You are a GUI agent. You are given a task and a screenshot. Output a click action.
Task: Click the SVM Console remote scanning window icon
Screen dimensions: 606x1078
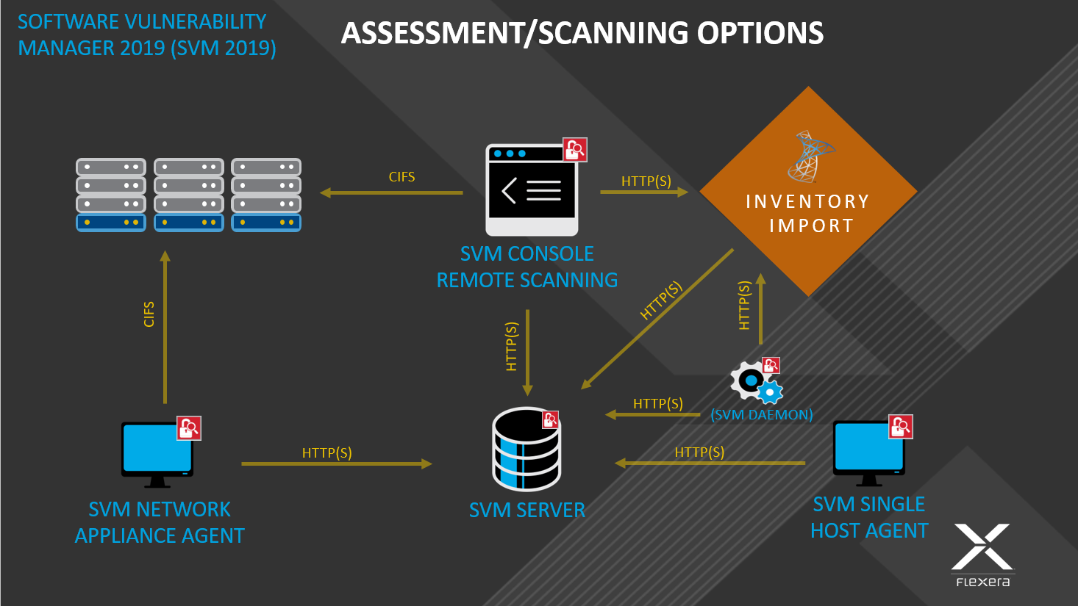(531, 190)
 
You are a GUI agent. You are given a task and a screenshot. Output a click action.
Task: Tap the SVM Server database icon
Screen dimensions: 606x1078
(526, 450)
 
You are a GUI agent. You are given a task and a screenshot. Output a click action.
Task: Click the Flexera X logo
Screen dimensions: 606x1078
(982, 548)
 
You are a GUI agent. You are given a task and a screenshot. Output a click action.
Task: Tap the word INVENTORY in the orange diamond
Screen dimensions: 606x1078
(807, 201)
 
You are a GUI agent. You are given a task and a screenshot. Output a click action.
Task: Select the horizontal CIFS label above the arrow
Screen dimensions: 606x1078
(401, 177)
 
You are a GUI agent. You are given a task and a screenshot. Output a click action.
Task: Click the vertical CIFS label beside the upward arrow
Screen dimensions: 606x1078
(149, 314)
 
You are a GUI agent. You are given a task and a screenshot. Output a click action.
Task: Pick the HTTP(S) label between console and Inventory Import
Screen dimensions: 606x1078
(646, 181)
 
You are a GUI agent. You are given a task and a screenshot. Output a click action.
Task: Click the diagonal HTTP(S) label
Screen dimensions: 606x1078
(661, 300)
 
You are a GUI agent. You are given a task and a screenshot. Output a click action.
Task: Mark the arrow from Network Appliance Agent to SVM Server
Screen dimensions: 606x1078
(336, 463)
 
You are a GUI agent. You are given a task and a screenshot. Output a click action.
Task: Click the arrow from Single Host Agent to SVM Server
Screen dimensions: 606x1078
(710, 463)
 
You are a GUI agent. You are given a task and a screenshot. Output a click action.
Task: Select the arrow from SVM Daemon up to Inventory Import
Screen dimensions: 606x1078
(761, 309)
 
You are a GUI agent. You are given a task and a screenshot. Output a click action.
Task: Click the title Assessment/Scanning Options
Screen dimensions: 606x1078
(582, 33)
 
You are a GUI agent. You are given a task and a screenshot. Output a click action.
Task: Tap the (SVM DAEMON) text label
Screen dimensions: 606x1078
(761, 415)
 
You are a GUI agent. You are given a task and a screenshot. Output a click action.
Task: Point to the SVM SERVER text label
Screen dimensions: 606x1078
(526, 510)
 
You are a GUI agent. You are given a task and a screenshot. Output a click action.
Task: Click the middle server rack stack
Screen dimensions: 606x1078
(189, 195)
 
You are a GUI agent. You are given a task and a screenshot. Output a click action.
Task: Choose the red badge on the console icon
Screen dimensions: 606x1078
(574, 150)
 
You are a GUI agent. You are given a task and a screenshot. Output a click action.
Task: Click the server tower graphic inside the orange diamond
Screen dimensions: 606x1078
(810, 156)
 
